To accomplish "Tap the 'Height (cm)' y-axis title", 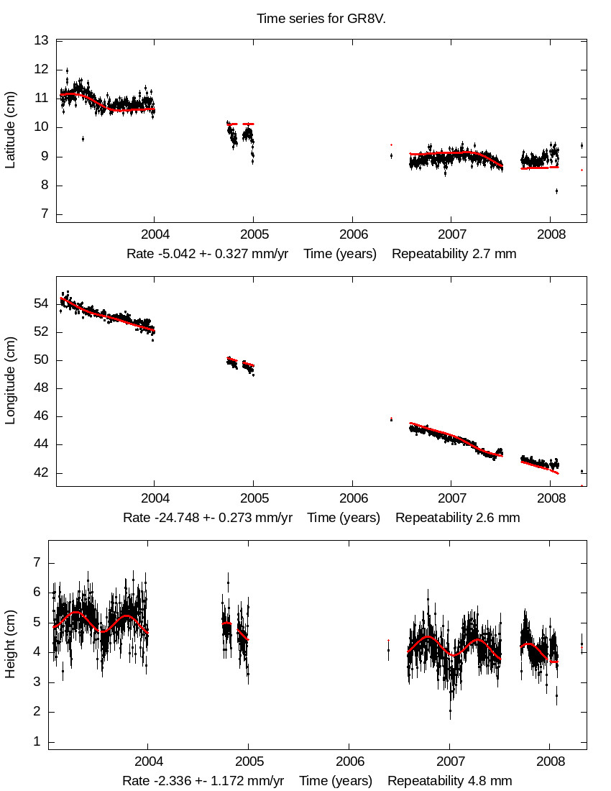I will [10, 645].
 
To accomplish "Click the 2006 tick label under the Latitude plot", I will [352, 235].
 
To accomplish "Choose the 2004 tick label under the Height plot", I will [148, 762].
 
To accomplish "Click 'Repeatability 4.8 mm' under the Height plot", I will [450, 781].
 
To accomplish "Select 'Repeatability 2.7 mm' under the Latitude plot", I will [454, 254].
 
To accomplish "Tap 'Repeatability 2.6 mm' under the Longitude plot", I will [458, 518].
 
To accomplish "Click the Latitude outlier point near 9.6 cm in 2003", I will [83, 139].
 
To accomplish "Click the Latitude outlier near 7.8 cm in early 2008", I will [556, 191].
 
